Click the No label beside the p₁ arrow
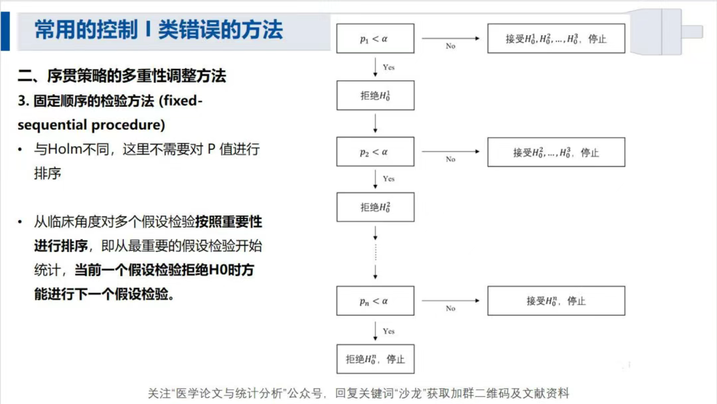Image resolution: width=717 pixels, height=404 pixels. [x=450, y=46]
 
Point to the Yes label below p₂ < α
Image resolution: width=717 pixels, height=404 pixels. [x=388, y=178]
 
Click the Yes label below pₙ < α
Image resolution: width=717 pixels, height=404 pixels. [x=388, y=331]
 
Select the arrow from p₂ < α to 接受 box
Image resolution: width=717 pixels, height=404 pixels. [x=450, y=151]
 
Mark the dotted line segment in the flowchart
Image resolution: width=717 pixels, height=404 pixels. [x=375, y=253]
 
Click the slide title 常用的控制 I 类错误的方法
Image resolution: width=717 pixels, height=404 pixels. [x=159, y=30]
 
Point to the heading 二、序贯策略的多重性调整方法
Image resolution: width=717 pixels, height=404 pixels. [x=121, y=76]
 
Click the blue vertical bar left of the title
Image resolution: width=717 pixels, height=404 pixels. [x=5, y=31]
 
